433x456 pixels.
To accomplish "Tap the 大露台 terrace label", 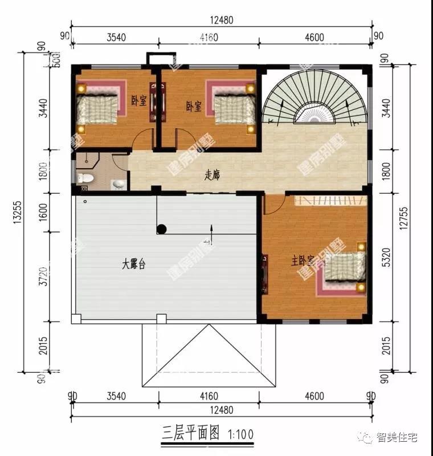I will (x=134, y=264).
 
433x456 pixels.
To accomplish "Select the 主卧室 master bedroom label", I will (x=303, y=260).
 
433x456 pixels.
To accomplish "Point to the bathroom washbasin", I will (x=119, y=184).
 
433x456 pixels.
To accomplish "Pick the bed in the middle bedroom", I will (x=233, y=107).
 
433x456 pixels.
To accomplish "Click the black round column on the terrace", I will (x=162, y=230).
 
